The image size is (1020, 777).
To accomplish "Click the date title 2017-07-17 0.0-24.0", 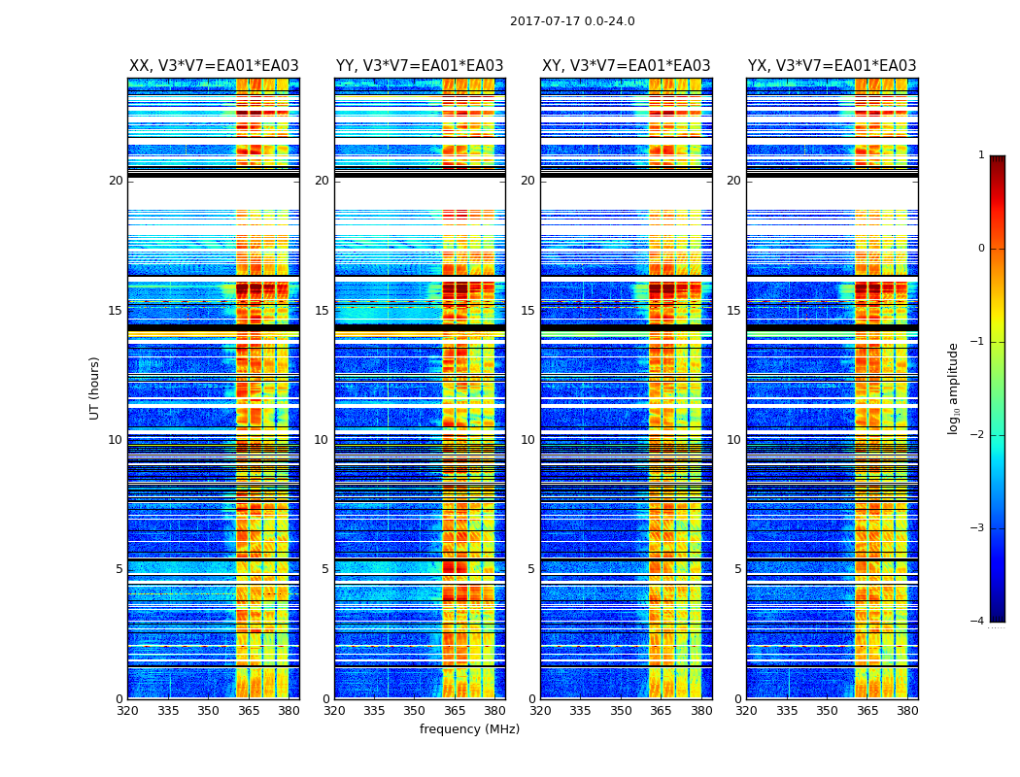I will pyautogui.click(x=572, y=21).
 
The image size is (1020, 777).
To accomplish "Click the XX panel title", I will pyautogui.click(x=214, y=66).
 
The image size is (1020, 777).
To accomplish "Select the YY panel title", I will pyautogui.click(x=420, y=66).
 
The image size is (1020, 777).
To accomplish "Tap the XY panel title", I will pyautogui.click(x=626, y=66).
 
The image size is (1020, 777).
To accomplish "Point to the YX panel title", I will pyautogui.click(x=832, y=66).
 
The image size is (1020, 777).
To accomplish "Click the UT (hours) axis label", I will pyautogui.click(x=94, y=388).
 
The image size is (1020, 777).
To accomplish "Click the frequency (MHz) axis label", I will pyautogui.click(x=469, y=729).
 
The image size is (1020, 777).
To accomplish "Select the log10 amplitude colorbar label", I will pyautogui.click(x=954, y=388).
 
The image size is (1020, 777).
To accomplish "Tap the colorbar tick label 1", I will pyautogui.click(x=981, y=155).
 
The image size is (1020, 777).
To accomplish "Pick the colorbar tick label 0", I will pyautogui.click(x=981, y=249).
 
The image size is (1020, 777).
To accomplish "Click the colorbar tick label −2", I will pyautogui.click(x=979, y=435).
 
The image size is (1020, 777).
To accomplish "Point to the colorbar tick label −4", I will pyautogui.click(x=979, y=622).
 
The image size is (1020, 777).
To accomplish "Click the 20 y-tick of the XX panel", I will pyautogui.click(x=116, y=181).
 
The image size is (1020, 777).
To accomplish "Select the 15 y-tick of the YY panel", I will pyautogui.click(x=322, y=311).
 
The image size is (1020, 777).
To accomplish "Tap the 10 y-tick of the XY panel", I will pyautogui.click(x=527, y=440).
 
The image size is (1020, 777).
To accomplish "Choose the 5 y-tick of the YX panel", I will pyautogui.click(x=737, y=569).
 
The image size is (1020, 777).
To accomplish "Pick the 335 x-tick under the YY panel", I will pyautogui.click(x=374, y=710).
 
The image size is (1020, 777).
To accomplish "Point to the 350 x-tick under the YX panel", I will pyautogui.click(x=827, y=710).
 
